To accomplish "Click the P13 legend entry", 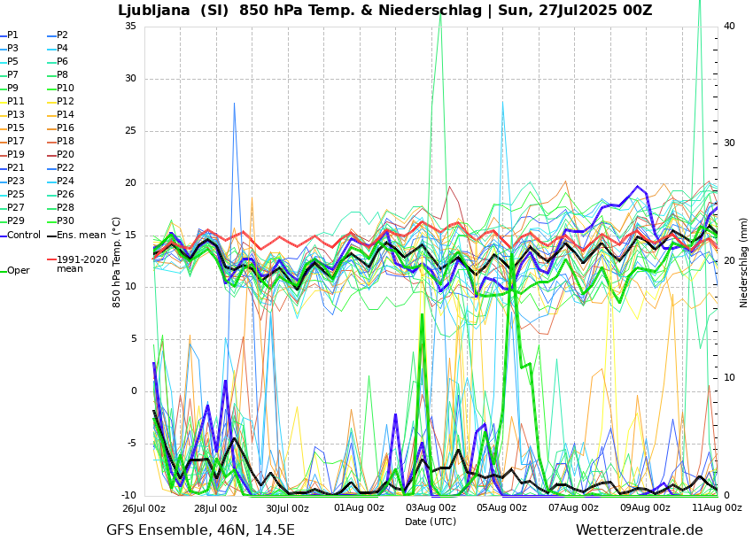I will [16, 115].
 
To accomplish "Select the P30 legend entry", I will [66, 221].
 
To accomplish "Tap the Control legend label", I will [24, 236].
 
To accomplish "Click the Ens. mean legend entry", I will [81, 236].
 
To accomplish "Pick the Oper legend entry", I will [18, 271].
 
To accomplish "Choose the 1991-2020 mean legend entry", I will [82, 264].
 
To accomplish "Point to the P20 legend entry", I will [66, 155].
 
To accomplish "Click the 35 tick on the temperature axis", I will [130, 27].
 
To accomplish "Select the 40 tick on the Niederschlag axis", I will [729, 27].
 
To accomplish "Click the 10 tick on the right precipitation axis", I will [729, 378].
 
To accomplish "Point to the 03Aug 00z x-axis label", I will [431, 508].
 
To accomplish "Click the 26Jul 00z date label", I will [144, 508].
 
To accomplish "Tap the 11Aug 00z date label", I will [717, 508].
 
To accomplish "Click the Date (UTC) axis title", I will [431, 522].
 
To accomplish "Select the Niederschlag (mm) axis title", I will [744, 262].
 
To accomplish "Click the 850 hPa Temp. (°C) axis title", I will [117, 262].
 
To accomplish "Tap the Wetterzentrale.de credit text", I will [639, 530].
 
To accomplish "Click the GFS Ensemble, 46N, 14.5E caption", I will [200, 530].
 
